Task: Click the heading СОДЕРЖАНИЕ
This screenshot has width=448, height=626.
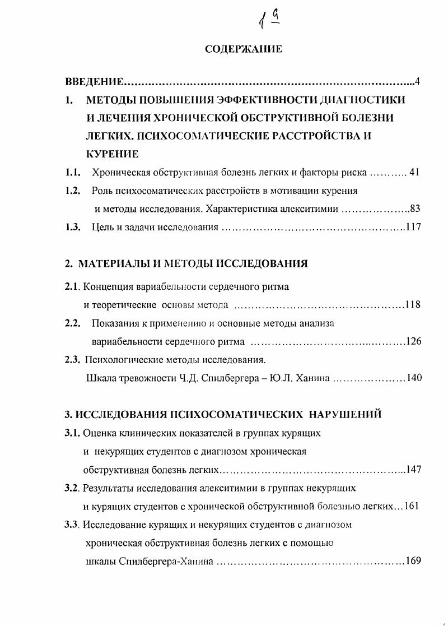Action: coord(244,49)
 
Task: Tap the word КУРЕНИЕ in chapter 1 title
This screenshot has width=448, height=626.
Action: coord(112,154)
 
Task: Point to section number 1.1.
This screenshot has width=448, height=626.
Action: coord(73,173)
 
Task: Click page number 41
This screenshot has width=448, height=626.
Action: coord(414,173)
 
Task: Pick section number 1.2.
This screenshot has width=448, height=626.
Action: coord(73,191)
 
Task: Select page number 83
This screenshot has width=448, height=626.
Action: coord(415,209)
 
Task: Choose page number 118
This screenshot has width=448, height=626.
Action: coord(413,305)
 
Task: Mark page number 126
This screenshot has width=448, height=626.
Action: coord(413,341)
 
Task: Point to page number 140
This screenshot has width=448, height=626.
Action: coord(414,378)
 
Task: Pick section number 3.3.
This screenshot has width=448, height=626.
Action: coord(72,525)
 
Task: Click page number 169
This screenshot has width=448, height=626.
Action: coord(413,560)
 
